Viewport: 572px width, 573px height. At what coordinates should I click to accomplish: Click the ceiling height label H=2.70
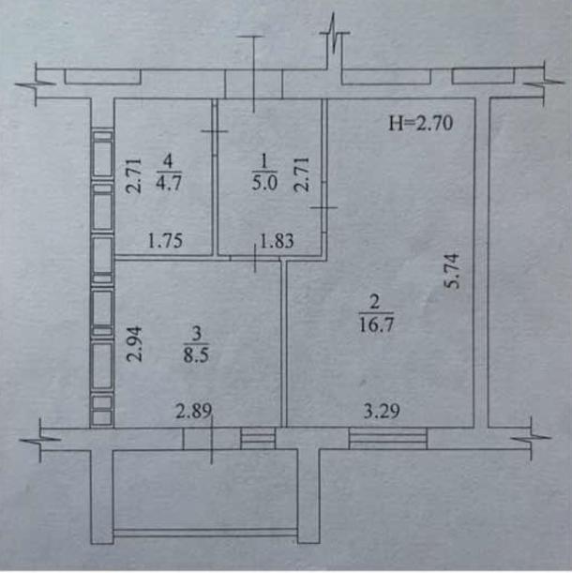[420, 123]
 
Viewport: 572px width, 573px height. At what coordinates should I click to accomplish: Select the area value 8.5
[196, 354]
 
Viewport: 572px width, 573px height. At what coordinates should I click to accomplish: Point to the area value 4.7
[169, 182]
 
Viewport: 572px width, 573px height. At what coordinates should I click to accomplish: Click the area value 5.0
[264, 182]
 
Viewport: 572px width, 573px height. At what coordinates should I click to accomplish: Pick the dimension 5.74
[452, 271]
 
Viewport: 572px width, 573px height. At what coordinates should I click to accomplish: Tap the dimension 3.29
[382, 411]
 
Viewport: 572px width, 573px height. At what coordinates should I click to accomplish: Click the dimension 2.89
[193, 411]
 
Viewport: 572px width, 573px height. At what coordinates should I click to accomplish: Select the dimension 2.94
[134, 344]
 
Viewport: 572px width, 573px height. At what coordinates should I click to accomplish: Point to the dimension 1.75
[165, 241]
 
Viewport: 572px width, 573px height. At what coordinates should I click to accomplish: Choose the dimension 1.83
[277, 241]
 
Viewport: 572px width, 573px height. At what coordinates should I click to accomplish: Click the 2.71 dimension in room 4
[133, 175]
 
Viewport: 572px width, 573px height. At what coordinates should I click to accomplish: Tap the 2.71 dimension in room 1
[302, 174]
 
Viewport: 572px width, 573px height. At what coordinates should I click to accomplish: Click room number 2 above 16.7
[375, 303]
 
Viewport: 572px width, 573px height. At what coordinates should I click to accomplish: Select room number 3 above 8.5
[197, 333]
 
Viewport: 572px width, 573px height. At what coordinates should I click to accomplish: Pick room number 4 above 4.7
[168, 161]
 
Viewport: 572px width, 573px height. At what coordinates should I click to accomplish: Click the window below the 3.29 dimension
[388, 438]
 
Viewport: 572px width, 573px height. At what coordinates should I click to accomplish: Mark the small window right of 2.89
[258, 438]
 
